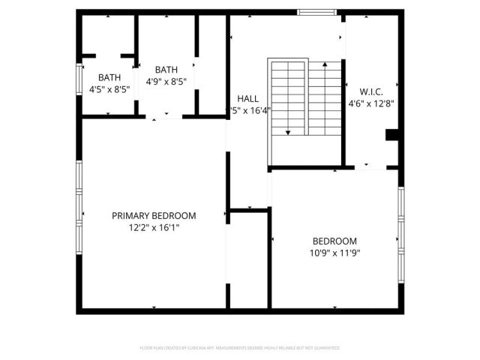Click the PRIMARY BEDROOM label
pyautogui.click(x=154, y=215)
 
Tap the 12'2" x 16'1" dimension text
pyautogui.click(x=154, y=226)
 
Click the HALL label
pyautogui.click(x=248, y=99)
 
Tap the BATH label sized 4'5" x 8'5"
pyautogui.click(x=109, y=77)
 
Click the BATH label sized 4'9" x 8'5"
pyautogui.click(x=166, y=69)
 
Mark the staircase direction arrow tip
pyautogui.click(x=288, y=133)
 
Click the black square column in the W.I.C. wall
pyautogui.click(x=391, y=135)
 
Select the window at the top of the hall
pyautogui.click(x=316, y=12)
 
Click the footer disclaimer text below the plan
pyautogui.click(x=240, y=348)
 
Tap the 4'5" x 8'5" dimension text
pyautogui.click(x=109, y=88)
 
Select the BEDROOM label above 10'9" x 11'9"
pyautogui.click(x=334, y=241)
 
